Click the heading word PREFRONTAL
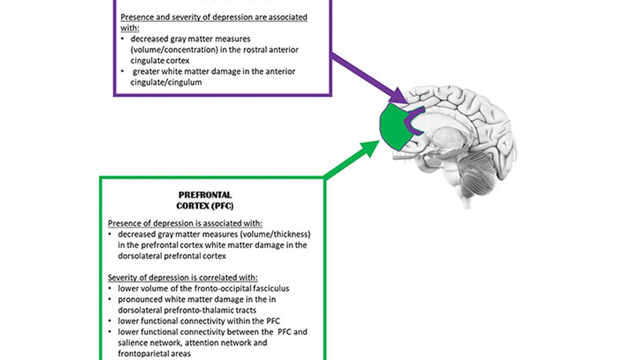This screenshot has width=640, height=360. click(x=205, y=196)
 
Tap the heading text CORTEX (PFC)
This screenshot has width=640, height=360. click(x=205, y=206)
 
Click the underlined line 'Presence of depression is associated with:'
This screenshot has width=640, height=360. click(x=185, y=223)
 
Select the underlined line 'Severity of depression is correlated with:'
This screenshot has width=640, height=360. click(x=183, y=277)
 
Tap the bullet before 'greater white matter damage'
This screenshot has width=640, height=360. click(x=123, y=71)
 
